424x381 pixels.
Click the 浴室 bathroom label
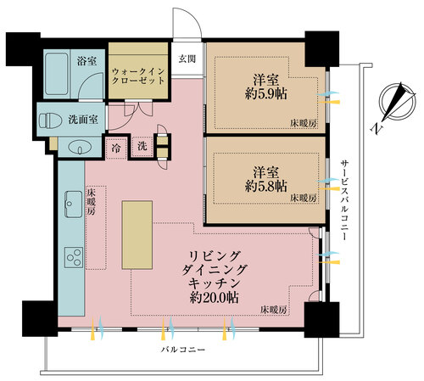click(86, 62)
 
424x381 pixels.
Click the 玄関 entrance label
click(187, 59)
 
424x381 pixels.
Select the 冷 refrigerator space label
click(114, 147)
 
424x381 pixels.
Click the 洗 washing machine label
click(142, 147)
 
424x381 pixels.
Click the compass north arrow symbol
click(391, 105)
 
